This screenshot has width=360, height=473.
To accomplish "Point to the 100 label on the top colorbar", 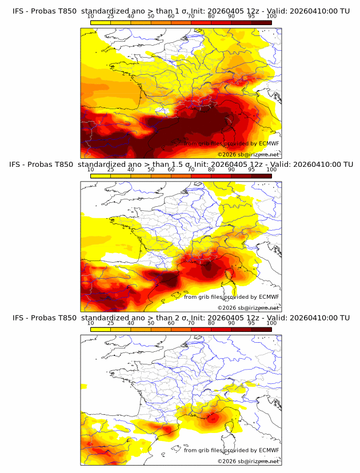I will click(x=271, y=17).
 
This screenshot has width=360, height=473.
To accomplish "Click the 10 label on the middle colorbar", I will click(x=90, y=170).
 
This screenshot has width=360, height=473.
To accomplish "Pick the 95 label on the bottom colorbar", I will click(x=251, y=323).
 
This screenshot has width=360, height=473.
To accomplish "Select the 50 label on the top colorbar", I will click(x=151, y=17).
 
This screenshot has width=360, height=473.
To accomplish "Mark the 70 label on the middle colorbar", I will click(x=191, y=170).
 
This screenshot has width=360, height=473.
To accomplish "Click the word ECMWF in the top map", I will click(x=269, y=144).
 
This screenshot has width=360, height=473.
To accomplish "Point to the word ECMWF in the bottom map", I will click(x=269, y=450).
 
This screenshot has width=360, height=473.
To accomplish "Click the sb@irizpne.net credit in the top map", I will click(x=259, y=155).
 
